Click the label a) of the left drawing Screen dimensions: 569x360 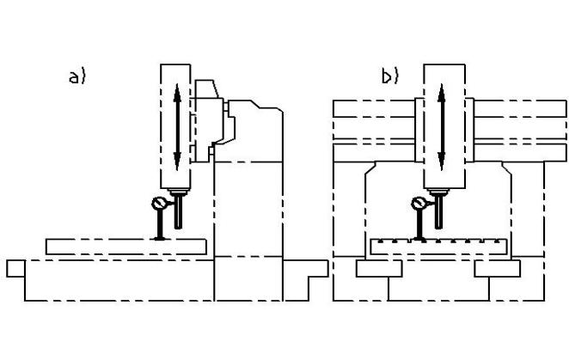tap(77, 77)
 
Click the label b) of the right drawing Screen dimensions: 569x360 tap(390, 76)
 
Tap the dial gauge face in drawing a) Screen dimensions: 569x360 tap(159, 204)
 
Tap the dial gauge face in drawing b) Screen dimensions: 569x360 tap(419, 204)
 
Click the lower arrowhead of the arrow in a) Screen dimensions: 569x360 tap(177, 162)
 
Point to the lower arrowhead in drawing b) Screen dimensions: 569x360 tap(441, 162)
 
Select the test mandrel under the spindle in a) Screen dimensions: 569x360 tap(178, 212)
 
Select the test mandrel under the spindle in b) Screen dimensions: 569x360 tap(438, 212)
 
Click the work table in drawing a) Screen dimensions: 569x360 tap(126, 247)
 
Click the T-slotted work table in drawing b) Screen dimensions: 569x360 tap(438, 247)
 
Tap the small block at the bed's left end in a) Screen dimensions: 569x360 tap(16, 269)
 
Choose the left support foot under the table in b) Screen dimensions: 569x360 tap(379, 269)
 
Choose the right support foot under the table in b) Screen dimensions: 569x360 tap(498, 269)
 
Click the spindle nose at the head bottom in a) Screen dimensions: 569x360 tap(178, 192)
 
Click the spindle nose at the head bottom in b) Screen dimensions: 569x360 tap(438, 192)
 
